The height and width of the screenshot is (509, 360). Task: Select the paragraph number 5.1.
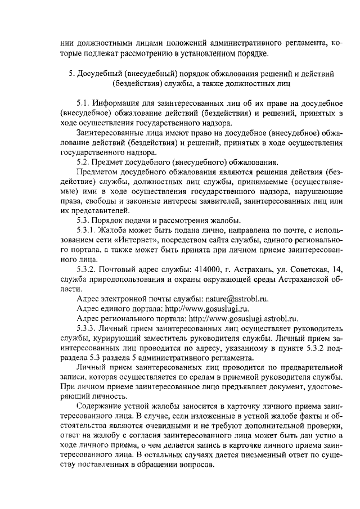84,104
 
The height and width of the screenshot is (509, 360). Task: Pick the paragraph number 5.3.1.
87,230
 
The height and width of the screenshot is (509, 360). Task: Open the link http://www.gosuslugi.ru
202,308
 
